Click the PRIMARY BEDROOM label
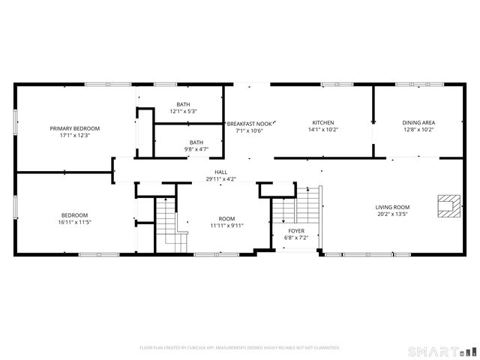pyautogui.click(x=75, y=128)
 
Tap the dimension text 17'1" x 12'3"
pyautogui.click(x=75, y=135)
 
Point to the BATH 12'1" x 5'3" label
pyautogui.click(x=183, y=108)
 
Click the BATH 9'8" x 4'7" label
pyautogui.click(x=196, y=145)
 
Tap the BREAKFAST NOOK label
pyautogui.click(x=250, y=123)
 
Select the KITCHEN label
pyautogui.click(x=323, y=122)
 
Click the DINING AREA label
pyautogui.click(x=418, y=122)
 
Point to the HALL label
pyautogui.click(x=221, y=172)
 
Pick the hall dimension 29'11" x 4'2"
pyautogui.click(x=221, y=178)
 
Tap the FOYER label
pyautogui.click(x=297, y=230)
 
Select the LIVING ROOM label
pyautogui.click(x=392, y=207)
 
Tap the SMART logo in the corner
pyautogui.click(x=442, y=350)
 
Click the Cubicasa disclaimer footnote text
pyautogui.click(x=240, y=348)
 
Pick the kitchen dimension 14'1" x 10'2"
pyautogui.click(x=323, y=130)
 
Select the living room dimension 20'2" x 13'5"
pyautogui.click(x=392, y=214)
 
